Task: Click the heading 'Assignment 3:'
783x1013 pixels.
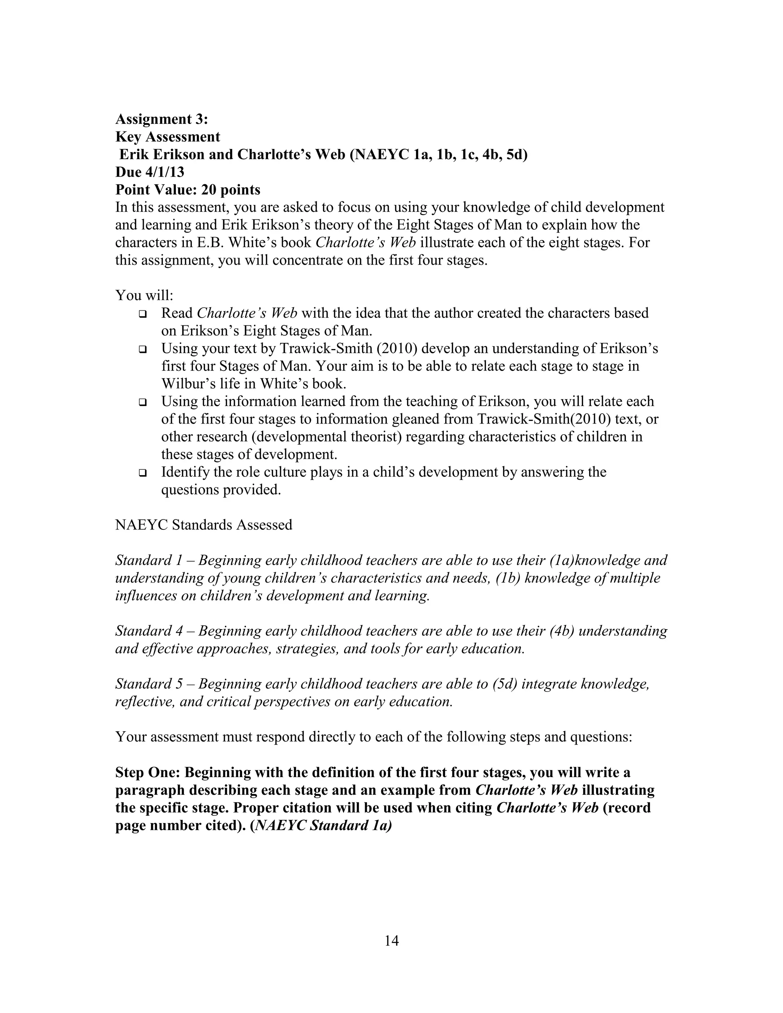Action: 161,119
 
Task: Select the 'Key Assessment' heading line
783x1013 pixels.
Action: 167,137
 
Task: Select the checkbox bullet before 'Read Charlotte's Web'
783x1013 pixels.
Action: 142,314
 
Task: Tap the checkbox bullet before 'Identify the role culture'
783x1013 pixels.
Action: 142,473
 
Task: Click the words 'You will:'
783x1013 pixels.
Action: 144,295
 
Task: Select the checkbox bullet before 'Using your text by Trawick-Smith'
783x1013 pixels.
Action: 142,349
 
